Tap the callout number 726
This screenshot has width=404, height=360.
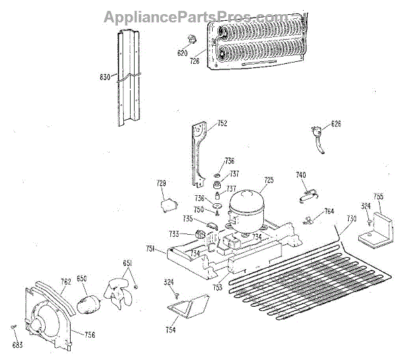[195, 61]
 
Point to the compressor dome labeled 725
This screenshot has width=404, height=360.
[245, 202]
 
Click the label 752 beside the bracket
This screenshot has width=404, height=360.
[222, 123]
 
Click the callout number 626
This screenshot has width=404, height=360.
[336, 124]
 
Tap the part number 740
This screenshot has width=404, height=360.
[301, 175]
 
